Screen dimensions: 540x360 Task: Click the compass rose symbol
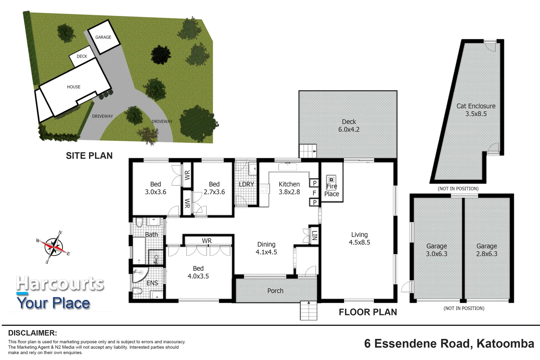click(x=53, y=247)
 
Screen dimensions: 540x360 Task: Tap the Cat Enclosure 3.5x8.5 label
click(x=476, y=110)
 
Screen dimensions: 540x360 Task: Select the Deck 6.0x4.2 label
click(x=349, y=126)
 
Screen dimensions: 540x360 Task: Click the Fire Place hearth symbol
click(x=331, y=180)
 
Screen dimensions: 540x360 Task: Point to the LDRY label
click(x=246, y=184)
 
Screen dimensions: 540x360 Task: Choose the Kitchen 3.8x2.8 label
click(x=289, y=188)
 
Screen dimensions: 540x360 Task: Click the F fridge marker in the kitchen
click(x=314, y=193)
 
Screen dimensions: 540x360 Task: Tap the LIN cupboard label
click(x=315, y=236)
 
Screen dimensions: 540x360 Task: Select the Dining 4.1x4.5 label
click(x=266, y=248)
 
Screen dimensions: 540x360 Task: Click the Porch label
click(x=275, y=291)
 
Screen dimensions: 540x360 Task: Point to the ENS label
click(x=152, y=283)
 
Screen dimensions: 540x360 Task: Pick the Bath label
click(x=151, y=234)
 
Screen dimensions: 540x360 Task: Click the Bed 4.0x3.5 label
click(x=198, y=272)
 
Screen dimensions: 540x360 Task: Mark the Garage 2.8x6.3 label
click(x=487, y=250)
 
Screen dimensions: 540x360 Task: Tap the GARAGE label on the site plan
click(x=103, y=37)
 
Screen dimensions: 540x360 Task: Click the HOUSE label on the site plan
click(x=74, y=87)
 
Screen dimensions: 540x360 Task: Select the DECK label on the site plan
click(x=82, y=56)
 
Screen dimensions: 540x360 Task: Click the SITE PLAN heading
click(x=89, y=156)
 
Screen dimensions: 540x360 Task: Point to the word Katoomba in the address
click(x=506, y=344)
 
